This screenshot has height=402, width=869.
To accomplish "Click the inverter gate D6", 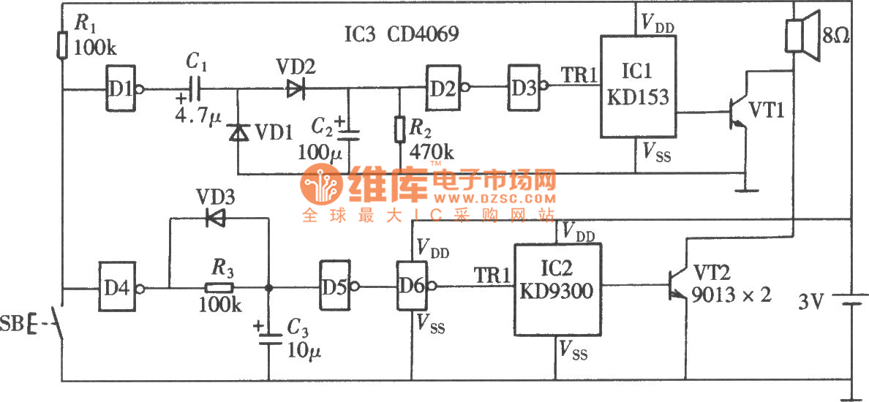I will (x=411, y=287).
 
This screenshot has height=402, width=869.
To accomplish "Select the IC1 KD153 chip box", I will (x=636, y=86).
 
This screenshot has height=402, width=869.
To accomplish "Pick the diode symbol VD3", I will (x=215, y=217).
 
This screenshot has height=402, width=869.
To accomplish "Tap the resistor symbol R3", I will (x=219, y=287).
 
